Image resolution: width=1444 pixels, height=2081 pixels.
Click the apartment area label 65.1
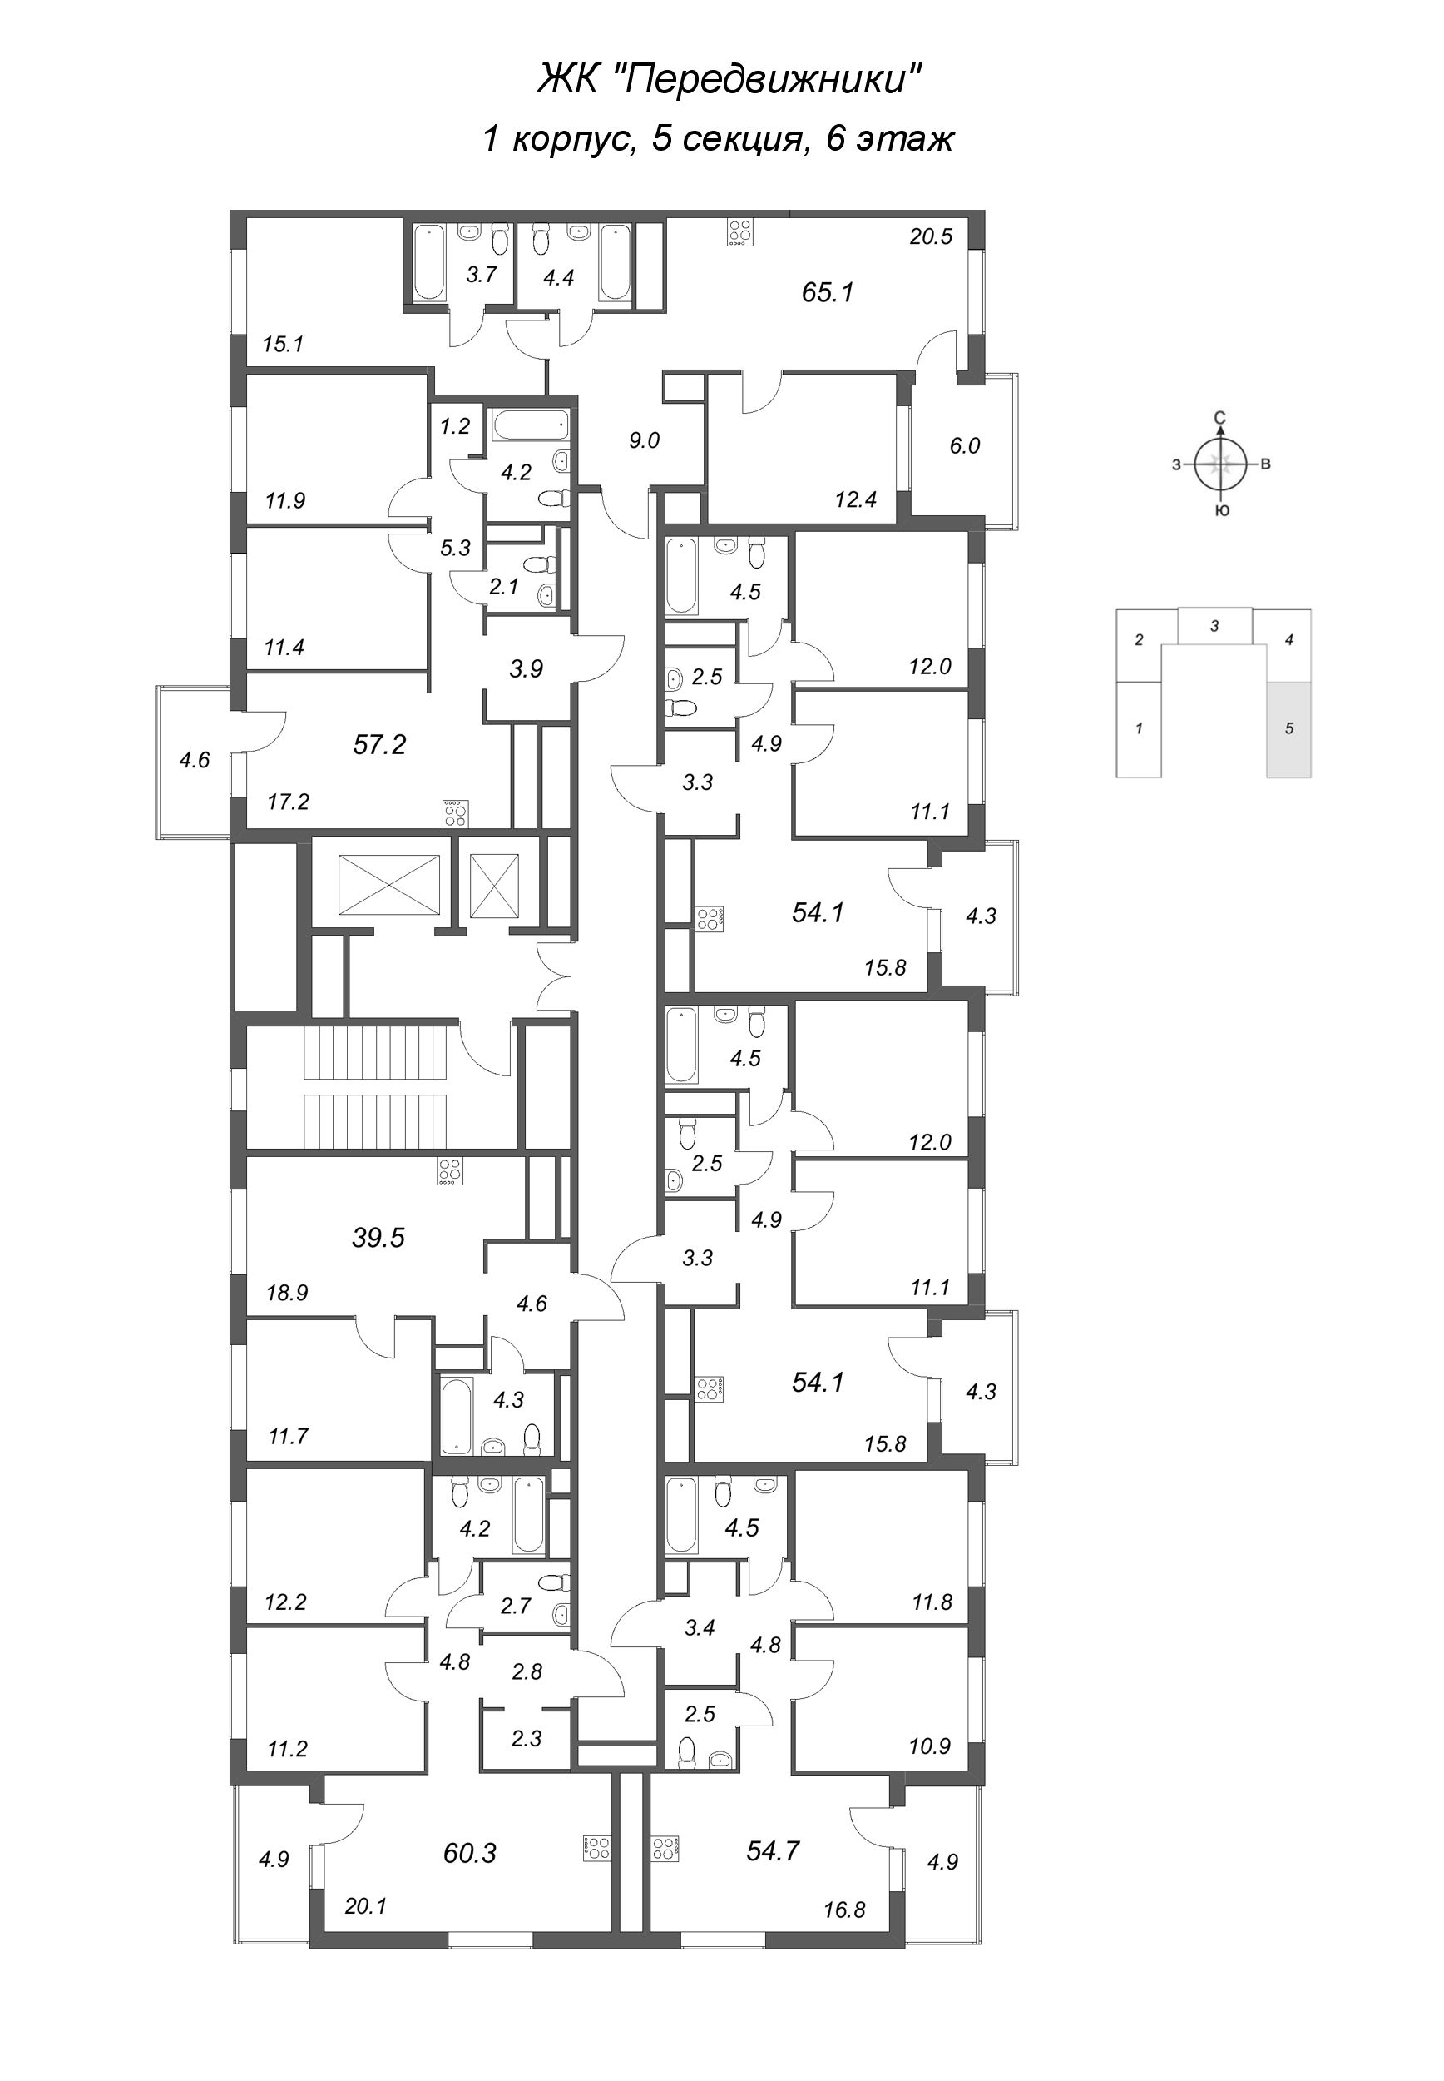[x=827, y=292]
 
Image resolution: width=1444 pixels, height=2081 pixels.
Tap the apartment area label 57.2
[x=379, y=745]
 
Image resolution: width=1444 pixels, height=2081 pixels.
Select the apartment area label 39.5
[x=378, y=1238]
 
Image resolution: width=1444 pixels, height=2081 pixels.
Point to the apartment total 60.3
[x=470, y=1853]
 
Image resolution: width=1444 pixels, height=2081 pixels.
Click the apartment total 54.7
[x=773, y=1850]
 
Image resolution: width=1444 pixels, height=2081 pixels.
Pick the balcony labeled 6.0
[x=965, y=445]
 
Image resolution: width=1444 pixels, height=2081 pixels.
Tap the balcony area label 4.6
[x=194, y=760]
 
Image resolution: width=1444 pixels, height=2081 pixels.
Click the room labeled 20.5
[x=931, y=237]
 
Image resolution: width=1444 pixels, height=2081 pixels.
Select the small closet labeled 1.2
[x=455, y=426]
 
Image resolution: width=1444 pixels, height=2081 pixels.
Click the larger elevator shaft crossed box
[x=388, y=884]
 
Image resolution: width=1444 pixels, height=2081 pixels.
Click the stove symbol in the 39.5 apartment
[x=450, y=1171]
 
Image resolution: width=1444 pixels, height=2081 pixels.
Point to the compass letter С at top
[x=1219, y=417]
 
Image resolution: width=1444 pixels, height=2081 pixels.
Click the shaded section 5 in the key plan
[x=1288, y=728]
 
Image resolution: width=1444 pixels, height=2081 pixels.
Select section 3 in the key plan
[x=1215, y=625]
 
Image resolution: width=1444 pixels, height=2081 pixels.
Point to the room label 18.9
[x=287, y=1293]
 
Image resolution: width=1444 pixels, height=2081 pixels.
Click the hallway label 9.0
[x=643, y=441]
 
